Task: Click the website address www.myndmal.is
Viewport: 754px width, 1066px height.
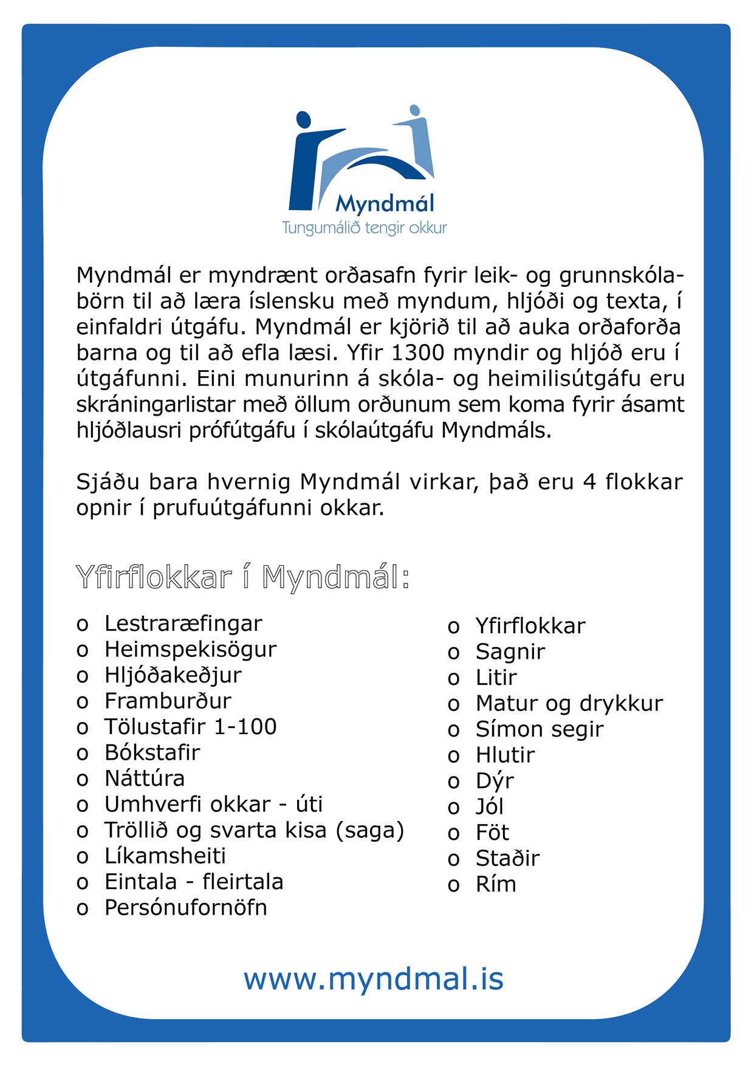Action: pyautogui.click(x=374, y=979)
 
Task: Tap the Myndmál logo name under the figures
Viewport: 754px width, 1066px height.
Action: pyautogui.click(x=385, y=204)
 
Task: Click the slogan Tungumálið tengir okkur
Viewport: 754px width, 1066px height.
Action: pyautogui.click(x=365, y=228)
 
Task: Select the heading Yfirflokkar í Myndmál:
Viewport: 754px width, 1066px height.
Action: pyautogui.click(x=242, y=577)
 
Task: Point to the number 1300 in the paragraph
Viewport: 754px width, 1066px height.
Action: pyautogui.click(x=414, y=352)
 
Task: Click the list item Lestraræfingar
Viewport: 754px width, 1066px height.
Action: pyautogui.click(x=183, y=623)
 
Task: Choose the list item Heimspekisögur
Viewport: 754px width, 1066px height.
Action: pyautogui.click(x=190, y=649)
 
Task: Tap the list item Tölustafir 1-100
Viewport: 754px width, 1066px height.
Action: pyautogui.click(x=190, y=726)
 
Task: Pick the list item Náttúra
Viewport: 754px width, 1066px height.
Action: pyautogui.click(x=145, y=778)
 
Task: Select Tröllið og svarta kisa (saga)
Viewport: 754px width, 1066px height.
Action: pyautogui.click(x=254, y=830)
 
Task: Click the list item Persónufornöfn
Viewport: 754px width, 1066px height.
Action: pyautogui.click(x=186, y=907)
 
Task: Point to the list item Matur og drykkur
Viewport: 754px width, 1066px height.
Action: pyautogui.click(x=569, y=703)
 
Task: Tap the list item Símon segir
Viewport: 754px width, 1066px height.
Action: pyautogui.click(x=540, y=729)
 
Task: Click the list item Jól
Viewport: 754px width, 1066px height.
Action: pyautogui.click(x=490, y=806)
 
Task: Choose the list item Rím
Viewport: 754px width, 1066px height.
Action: pyautogui.click(x=496, y=884)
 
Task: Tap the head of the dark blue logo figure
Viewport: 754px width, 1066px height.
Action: pyautogui.click(x=303, y=120)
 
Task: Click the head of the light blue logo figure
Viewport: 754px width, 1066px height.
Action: pyautogui.click(x=414, y=110)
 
